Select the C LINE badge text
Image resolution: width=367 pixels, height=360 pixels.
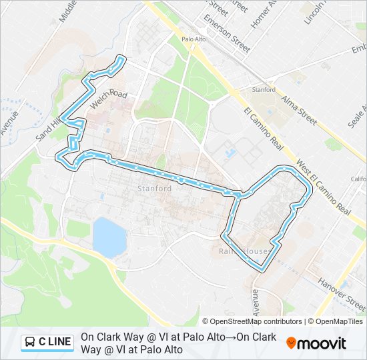click(x=55, y=342)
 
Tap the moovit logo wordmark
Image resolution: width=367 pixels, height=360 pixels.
click(x=322, y=343)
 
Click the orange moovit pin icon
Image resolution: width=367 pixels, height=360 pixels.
click(x=291, y=343)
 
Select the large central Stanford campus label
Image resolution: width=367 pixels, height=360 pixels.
click(x=155, y=189)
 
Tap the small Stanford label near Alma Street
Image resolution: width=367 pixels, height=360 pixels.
click(x=263, y=89)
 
